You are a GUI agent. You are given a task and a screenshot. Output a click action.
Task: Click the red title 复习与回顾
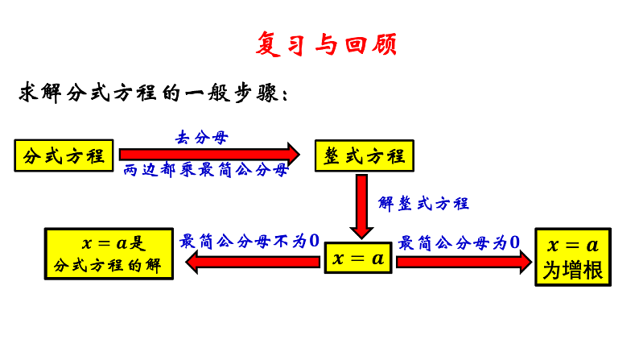coord(325,43)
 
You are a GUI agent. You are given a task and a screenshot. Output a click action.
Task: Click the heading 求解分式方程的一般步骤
coord(153,93)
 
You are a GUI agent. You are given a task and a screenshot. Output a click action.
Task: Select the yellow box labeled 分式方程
coord(65,155)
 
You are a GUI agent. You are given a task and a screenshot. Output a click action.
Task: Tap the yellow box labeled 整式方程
coord(364,155)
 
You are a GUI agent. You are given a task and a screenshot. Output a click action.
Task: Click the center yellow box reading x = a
coord(358,259)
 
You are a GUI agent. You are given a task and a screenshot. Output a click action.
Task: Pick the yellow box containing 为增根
coord(573,259)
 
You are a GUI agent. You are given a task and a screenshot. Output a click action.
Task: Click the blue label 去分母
coord(202,137)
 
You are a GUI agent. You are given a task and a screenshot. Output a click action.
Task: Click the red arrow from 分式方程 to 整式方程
coord(209,153)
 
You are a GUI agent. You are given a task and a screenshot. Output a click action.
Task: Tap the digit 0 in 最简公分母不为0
coord(315,240)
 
